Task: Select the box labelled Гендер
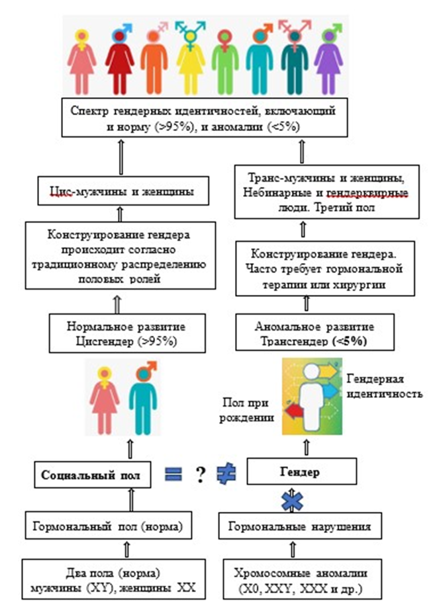coord(305,473)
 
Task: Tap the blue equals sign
coord(173,473)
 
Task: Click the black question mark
coord(198,474)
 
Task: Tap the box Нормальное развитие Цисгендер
coord(117,334)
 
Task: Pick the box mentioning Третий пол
coord(328,194)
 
